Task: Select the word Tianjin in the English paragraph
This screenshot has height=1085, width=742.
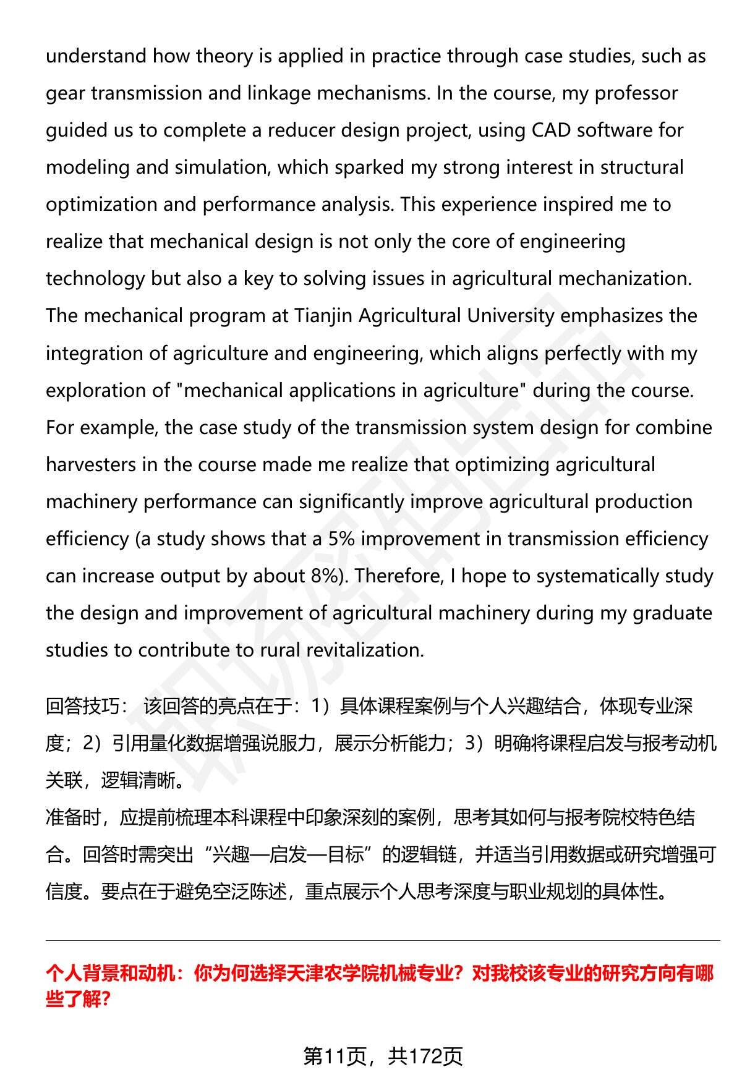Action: (x=324, y=316)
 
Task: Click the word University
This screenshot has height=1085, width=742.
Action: (x=511, y=316)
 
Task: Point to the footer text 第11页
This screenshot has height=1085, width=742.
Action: (x=335, y=1056)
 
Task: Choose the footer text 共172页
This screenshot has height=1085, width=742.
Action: (x=425, y=1056)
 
